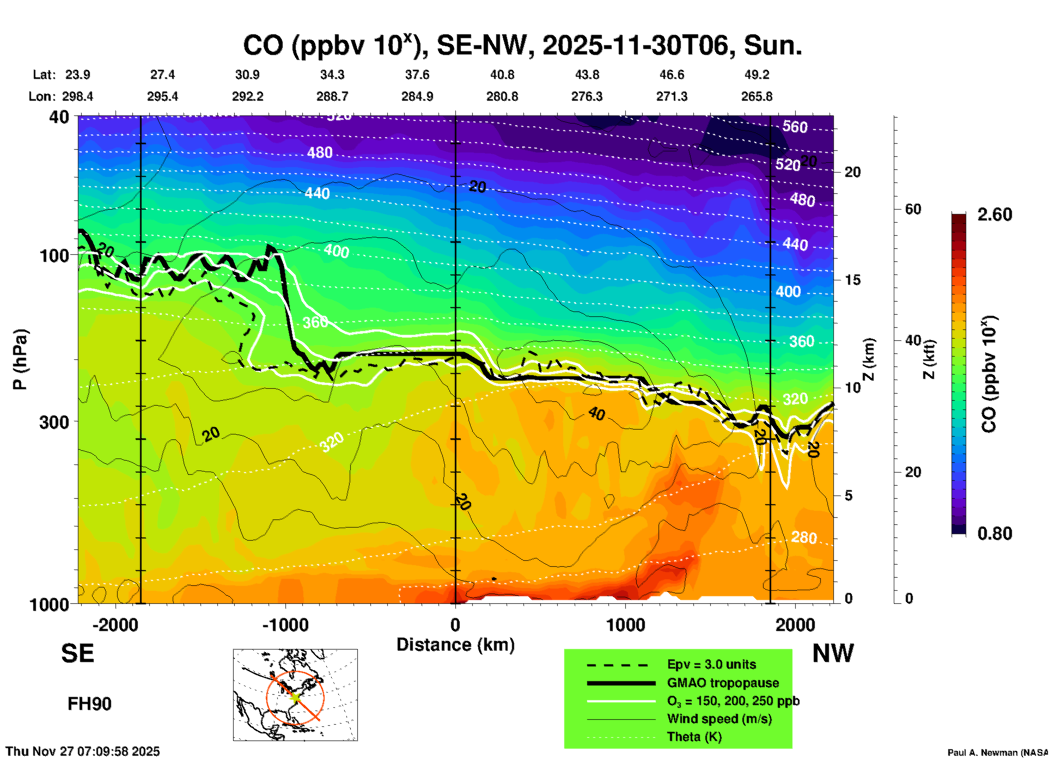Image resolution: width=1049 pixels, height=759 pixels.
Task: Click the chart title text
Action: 522,45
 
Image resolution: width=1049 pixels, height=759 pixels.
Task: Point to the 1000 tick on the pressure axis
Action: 54,604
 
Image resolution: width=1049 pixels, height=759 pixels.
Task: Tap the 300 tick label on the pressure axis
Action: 54,422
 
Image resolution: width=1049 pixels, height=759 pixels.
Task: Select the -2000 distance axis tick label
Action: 115,625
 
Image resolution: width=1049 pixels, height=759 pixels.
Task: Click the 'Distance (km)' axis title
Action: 455,645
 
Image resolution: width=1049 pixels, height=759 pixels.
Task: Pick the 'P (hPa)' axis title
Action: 20,359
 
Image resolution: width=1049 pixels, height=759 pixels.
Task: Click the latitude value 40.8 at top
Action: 502,75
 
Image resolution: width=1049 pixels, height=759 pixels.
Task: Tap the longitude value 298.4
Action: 77,96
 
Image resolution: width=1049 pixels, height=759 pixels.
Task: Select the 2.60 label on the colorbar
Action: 995,215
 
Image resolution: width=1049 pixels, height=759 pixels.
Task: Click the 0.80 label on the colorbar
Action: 995,534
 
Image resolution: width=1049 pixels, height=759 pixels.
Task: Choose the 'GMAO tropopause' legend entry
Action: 723,683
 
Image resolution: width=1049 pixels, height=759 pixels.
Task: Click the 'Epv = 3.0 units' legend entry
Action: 711,664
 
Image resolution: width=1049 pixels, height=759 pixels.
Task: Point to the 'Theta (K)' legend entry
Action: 694,737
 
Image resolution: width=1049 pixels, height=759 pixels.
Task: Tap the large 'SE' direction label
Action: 77,653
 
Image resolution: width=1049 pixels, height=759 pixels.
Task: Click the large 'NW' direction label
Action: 833,653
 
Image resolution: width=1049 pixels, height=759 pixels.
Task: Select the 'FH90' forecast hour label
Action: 89,704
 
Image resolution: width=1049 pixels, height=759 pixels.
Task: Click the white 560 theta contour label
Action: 795,127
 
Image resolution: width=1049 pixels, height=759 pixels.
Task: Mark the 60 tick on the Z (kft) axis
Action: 913,209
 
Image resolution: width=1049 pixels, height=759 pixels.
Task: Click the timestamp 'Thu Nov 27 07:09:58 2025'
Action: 83,751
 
